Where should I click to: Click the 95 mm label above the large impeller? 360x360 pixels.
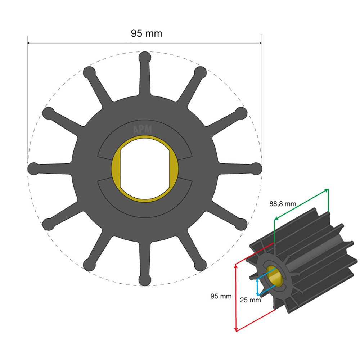tap(146, 33)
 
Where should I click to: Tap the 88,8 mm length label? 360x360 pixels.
tap(283, 204)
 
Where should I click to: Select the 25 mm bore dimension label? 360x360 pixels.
tap(250, 300)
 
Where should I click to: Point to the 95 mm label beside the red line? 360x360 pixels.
tap(221, 296)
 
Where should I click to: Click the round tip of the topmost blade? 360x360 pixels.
tap(145, 57)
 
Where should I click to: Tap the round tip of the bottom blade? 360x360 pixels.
tap(145, 280)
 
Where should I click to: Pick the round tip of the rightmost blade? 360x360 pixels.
tap(256, 168)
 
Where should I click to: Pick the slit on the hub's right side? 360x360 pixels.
tap(184, 168)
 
